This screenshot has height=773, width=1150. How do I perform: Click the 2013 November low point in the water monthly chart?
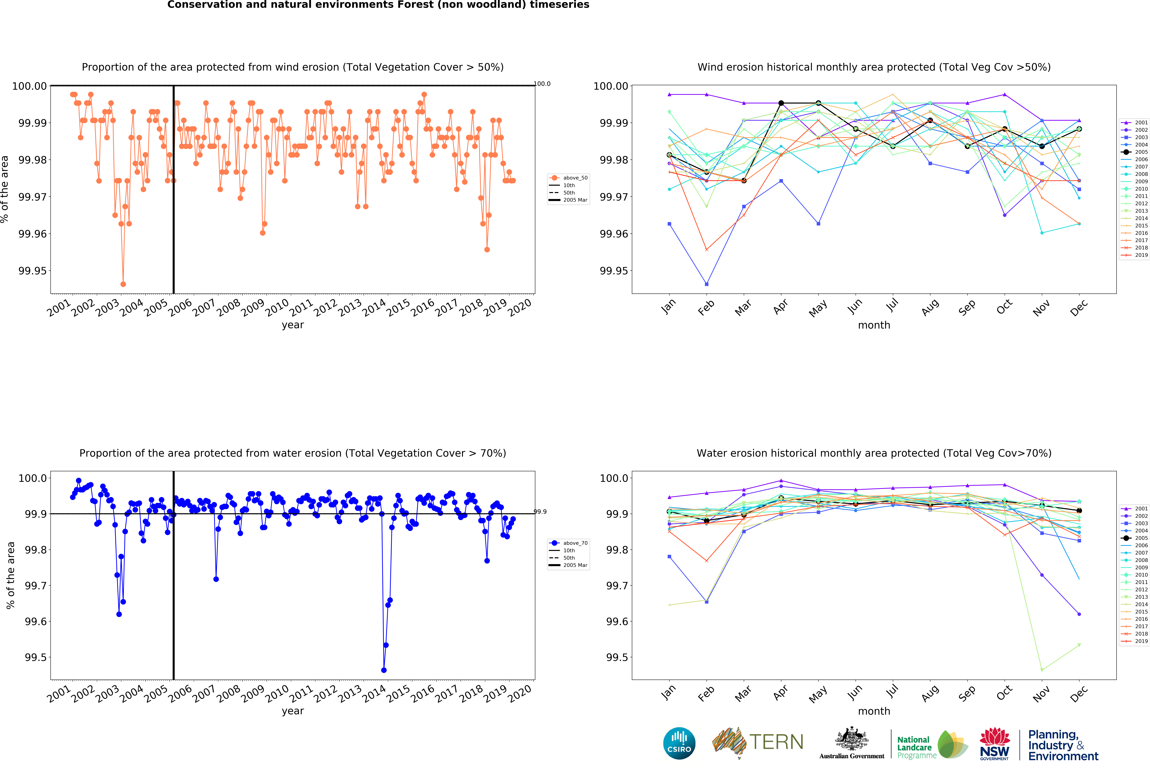(x=1042, y=670)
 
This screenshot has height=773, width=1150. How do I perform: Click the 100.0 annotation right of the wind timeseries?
(x=542, y=84)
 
